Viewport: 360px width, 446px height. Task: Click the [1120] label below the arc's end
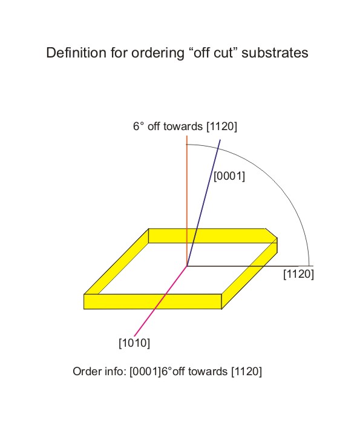click(299, 275)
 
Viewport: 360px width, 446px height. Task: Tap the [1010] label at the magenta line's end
click(134, 343)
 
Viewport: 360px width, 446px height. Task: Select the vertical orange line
click(187, 200)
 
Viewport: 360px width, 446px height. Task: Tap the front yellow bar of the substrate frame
click(154, 301)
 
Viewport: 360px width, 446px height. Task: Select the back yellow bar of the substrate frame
click(206, 235)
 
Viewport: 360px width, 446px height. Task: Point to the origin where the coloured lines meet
click(187, 266)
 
